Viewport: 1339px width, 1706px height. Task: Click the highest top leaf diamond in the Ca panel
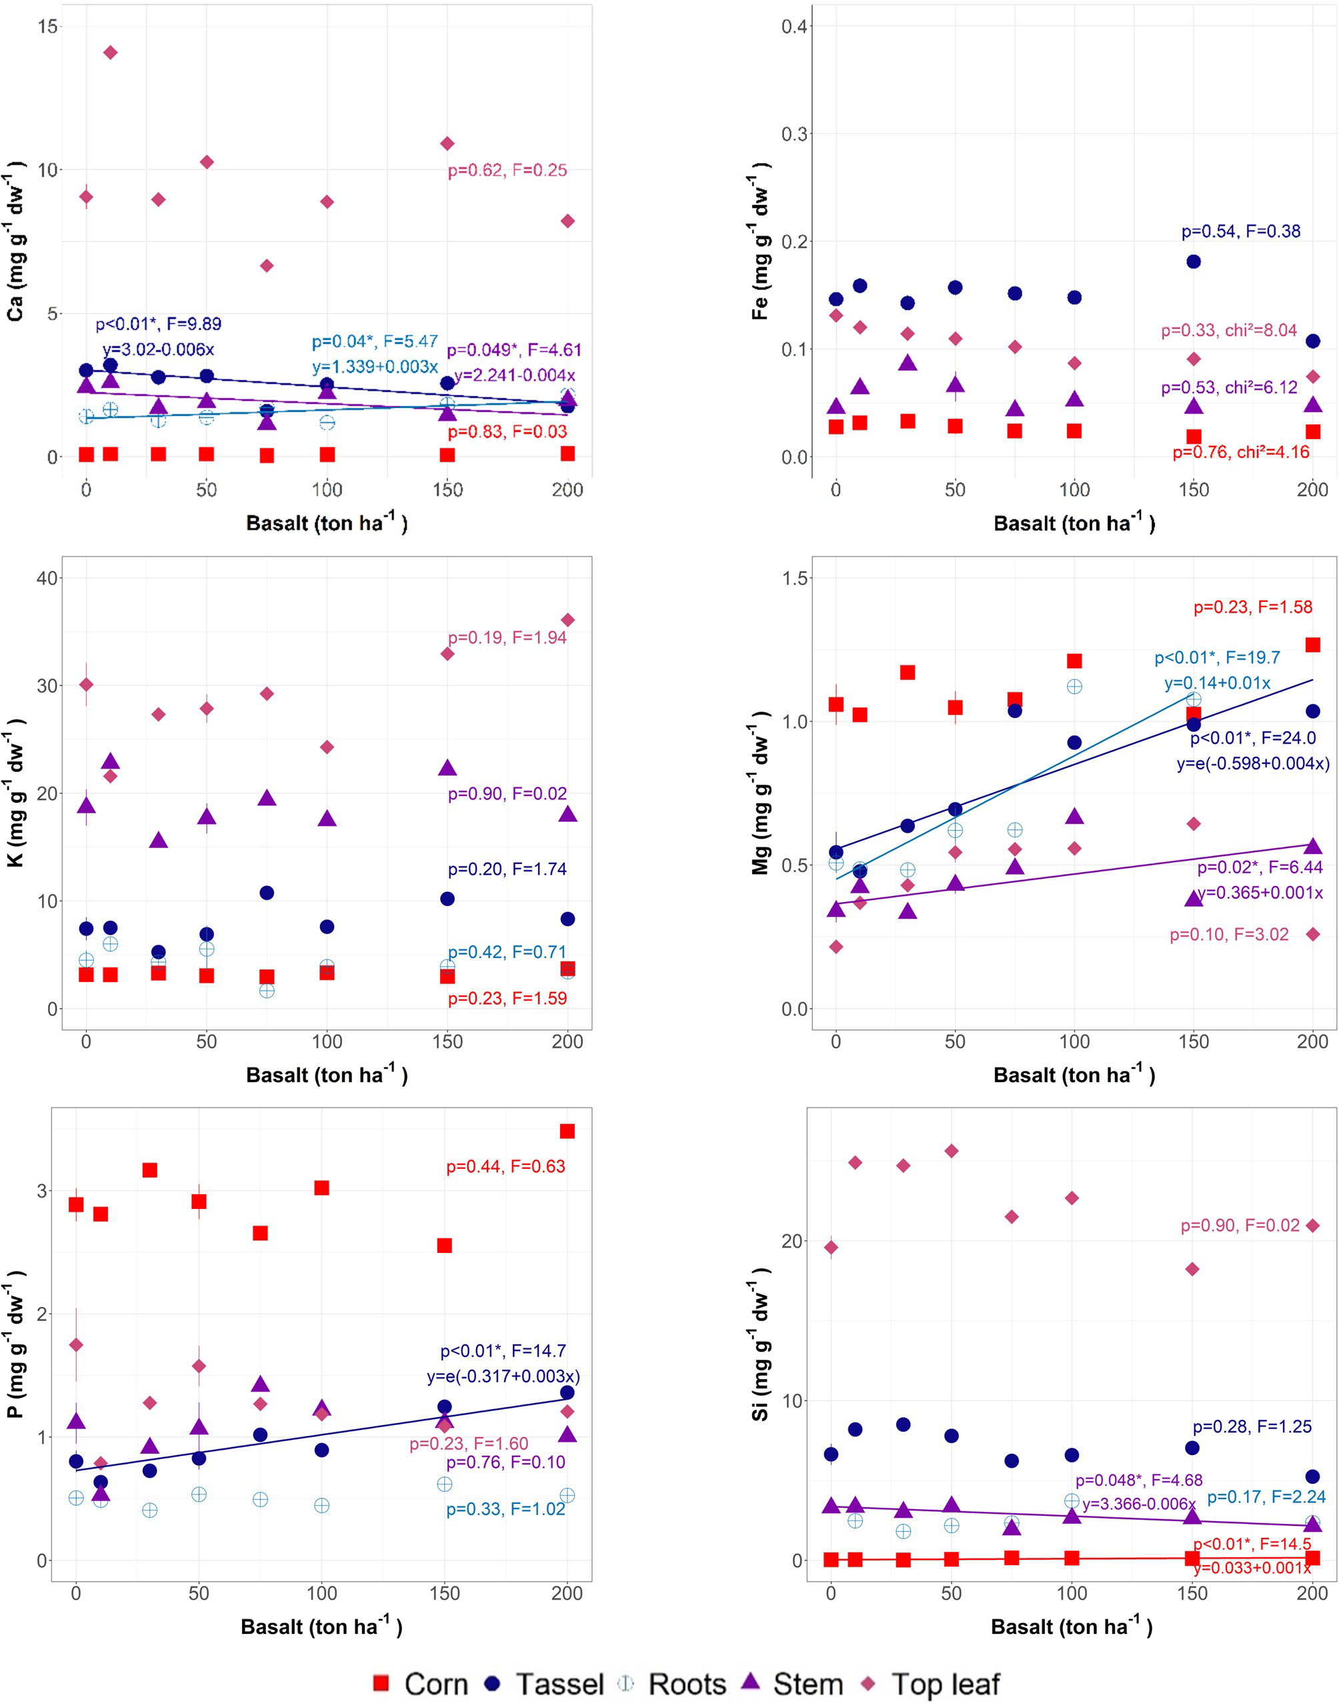click(x=111, y=53)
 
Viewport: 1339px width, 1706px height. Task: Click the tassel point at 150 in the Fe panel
click(x=1193, y=261)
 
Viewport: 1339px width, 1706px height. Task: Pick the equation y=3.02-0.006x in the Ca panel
click(x=157, y=349)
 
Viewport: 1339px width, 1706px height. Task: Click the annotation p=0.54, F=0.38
click(x=1240, y=232)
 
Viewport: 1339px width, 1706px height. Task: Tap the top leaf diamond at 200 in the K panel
click(x=567, y=620)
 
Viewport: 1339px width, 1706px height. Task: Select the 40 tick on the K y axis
click(x=47, y=578)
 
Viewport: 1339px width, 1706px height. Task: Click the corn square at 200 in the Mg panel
click(x=1312, y=645)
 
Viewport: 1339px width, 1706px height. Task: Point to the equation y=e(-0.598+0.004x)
click(x=1253, y=763)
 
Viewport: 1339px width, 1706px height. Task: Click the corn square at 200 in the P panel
click(x=567, y=1131)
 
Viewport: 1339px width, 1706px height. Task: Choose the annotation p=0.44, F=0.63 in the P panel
click(x=505, y=1166)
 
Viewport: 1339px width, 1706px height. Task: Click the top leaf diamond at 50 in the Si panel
click(x=951, y=1152)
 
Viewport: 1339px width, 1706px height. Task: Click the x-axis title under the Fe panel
click(x=1074, y=523)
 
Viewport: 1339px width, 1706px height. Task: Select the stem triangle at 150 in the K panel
click(x=447, y=768)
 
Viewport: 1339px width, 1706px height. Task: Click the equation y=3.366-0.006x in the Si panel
click(x=1138, y=1504)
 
